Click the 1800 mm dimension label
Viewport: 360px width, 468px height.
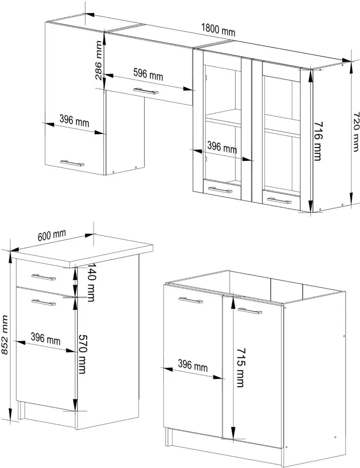click(218, 30)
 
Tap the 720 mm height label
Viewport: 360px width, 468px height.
click(356, 132)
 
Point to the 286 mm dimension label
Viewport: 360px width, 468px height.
click(99, 60)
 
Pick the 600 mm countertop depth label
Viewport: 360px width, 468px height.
click(52, 235)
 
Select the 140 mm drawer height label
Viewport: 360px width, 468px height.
click(90, 282)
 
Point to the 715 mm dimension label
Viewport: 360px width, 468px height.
click(240, 368)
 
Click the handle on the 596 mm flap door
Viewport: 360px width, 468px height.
click(146, 91)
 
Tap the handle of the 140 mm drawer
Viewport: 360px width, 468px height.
click(44, 277)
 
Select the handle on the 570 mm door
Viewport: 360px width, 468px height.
click(44, 302)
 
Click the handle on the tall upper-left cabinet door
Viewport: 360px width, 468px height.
click(72, 163)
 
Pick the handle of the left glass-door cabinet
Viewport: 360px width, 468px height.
click(220, 190)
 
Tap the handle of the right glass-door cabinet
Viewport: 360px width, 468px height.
click(279, 201)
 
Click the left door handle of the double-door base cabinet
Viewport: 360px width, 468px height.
click(191, 300)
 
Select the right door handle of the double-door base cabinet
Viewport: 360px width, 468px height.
click(250, 311)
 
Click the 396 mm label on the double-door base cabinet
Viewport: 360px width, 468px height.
click(193, 365)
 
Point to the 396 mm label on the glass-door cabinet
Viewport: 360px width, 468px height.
click(222, 147)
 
